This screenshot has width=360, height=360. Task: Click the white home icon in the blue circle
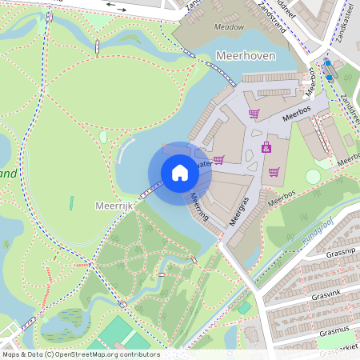click(x=180, y=173)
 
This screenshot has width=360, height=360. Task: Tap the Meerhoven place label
click(x=246, y=55)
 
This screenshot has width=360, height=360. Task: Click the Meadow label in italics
click(x=229, y=26)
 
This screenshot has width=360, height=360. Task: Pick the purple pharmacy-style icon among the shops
click(x=266, y=147)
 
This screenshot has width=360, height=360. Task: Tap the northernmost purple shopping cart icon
click(x=254, y=114)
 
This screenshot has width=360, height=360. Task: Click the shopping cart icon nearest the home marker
click(x=218, y=158)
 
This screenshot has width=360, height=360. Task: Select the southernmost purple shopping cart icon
click(x=274, y=171)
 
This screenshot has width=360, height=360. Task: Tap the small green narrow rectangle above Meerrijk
click(x=71, y=203)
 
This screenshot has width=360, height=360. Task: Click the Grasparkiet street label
click(x=340, y=347)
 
